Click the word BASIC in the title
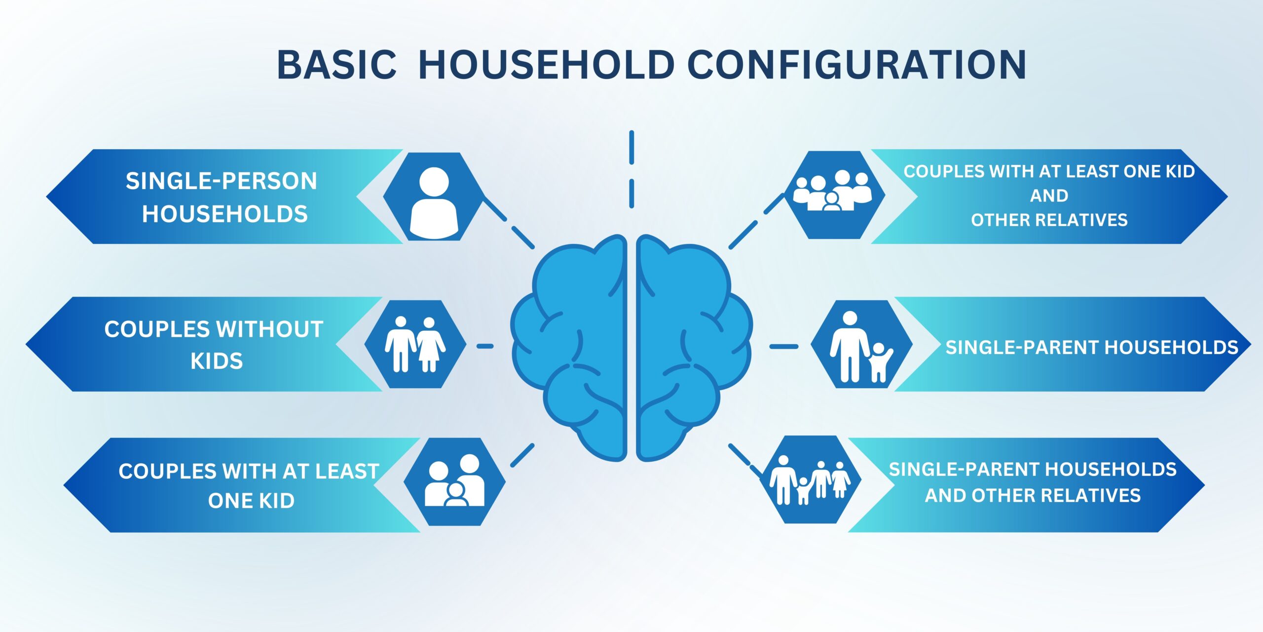coord(336,65)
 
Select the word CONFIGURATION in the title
coord(857,65)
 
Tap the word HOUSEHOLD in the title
coord(547,65)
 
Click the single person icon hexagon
coord(434,197)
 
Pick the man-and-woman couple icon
coord(415,344)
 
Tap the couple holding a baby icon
coord(454,481)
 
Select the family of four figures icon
coord(810,479)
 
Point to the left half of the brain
coord(569,348)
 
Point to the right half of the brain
coord(694,348)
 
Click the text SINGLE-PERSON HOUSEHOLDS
coord(222,197)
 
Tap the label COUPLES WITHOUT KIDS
coord(214,345)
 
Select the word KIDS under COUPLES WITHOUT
coord(217,361)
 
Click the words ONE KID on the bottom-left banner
coord(251,501)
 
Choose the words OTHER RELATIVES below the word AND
coord(1049,220)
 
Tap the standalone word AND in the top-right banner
coord(1049,196)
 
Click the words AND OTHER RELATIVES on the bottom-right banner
coord(1033,495)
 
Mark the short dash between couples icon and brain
coord(485,346)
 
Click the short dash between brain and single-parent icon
coord(784,347)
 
